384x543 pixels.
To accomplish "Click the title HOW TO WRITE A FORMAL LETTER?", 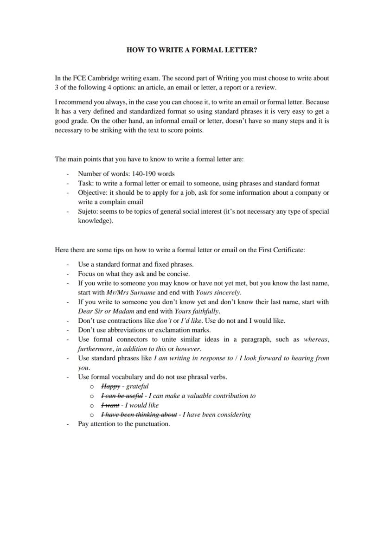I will click(x=192, y=50).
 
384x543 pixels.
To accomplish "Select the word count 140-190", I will click(x=144, y=174).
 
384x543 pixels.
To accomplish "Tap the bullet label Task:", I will click(x=86, y=183).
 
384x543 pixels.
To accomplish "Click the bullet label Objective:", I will click(x=93, y=192).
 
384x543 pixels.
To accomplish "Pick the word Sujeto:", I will click(x=90, y=211).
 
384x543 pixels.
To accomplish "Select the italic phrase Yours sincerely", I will click(x=218, y=293).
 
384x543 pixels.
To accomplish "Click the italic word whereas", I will click(x=316, y=339).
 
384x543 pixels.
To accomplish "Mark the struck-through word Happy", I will click(x=110, y=386).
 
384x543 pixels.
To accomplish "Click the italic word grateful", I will click(x=137, y=386).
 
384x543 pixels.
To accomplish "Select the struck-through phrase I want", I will click(x=110, y=405).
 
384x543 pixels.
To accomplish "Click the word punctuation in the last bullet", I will click(x=151, y=424).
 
